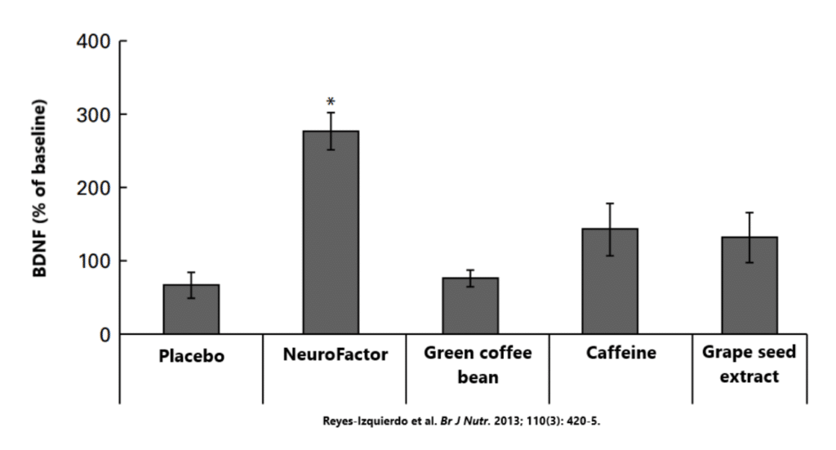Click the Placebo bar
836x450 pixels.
pos(191,310)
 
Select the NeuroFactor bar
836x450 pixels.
pos(331,233)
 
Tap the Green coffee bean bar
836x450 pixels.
pos(470,306)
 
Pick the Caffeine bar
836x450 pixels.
pos(610,282)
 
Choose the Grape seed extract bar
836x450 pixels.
pos(749,286)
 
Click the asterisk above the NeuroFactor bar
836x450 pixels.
pos(331,103)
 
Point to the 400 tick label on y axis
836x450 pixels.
pos(96,41)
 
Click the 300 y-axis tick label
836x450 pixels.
pos(96,114)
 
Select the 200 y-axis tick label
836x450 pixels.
pos(96,188)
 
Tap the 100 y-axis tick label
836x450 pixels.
pos(96,261)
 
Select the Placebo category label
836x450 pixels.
pos(191,356)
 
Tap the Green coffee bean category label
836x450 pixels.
pos(478,364)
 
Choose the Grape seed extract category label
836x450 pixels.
pos(749,364)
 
